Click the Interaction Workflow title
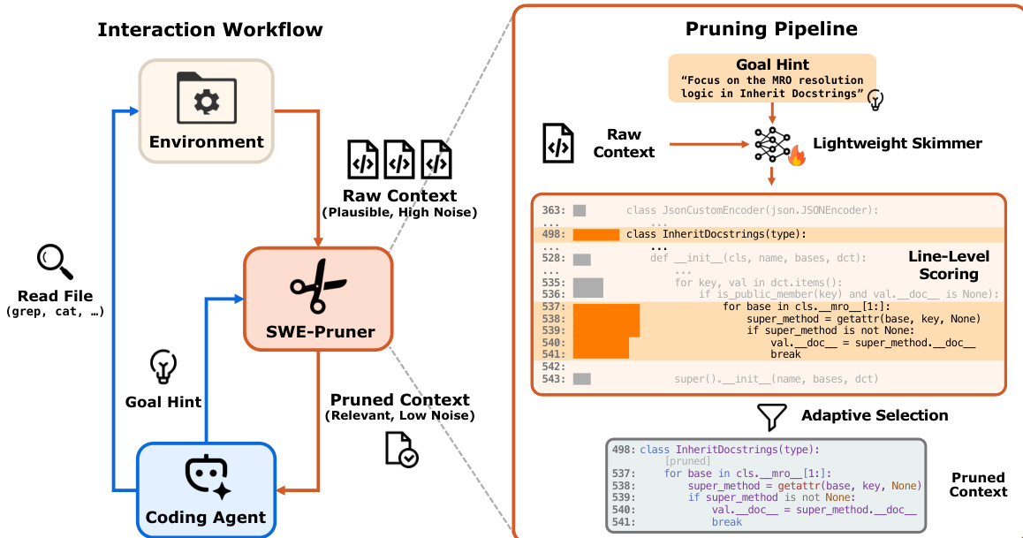[209, 29]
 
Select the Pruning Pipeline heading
[771, 28]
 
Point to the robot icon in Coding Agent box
[206, 477]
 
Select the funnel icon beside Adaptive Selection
[772, 415]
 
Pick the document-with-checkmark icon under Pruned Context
[401, 448]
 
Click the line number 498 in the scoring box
[552, 234]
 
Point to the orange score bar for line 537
[606, 307]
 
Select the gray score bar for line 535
[587, 283]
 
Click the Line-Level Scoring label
[950, 265]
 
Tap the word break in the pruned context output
[726, 523]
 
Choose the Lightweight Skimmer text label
[897, 143]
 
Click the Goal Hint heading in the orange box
[771, 65]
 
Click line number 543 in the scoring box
[552, 379]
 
